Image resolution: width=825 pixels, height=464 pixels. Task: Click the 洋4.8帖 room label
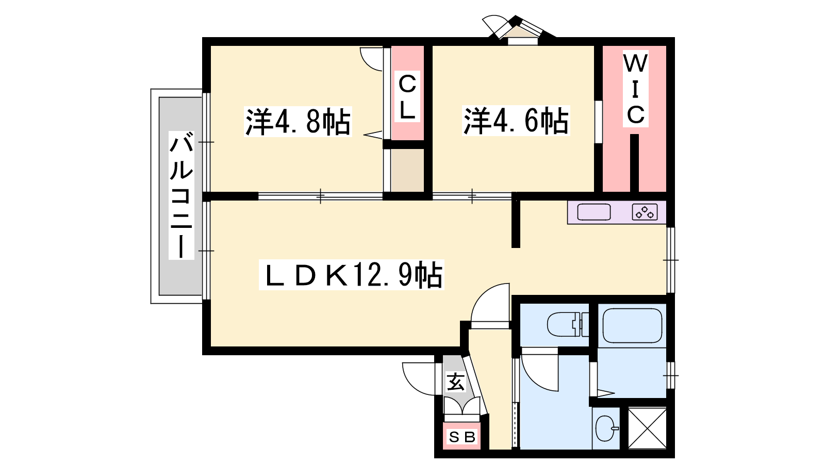(298, 122)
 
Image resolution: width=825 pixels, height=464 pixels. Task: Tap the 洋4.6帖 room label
(516, 121)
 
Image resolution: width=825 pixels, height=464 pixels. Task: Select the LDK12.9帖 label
(351, 275)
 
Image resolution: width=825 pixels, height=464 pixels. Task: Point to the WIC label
(635, 89)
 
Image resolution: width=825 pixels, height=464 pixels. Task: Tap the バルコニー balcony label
(181, 195)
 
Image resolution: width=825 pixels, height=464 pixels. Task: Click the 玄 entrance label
(456, 382)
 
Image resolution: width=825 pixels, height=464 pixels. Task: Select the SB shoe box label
(462, 437)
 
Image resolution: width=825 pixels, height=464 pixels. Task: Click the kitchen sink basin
(593, 212)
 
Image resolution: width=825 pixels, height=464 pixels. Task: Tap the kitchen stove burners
(645, 212)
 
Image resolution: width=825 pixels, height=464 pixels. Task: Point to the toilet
(568, 324)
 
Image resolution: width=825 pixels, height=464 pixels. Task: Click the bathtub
(632, 325)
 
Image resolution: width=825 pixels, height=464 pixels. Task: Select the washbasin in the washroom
(606, 428)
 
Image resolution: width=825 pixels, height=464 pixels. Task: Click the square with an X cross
(647, 428)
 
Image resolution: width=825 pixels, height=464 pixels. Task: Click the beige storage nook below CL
(407, 170)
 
